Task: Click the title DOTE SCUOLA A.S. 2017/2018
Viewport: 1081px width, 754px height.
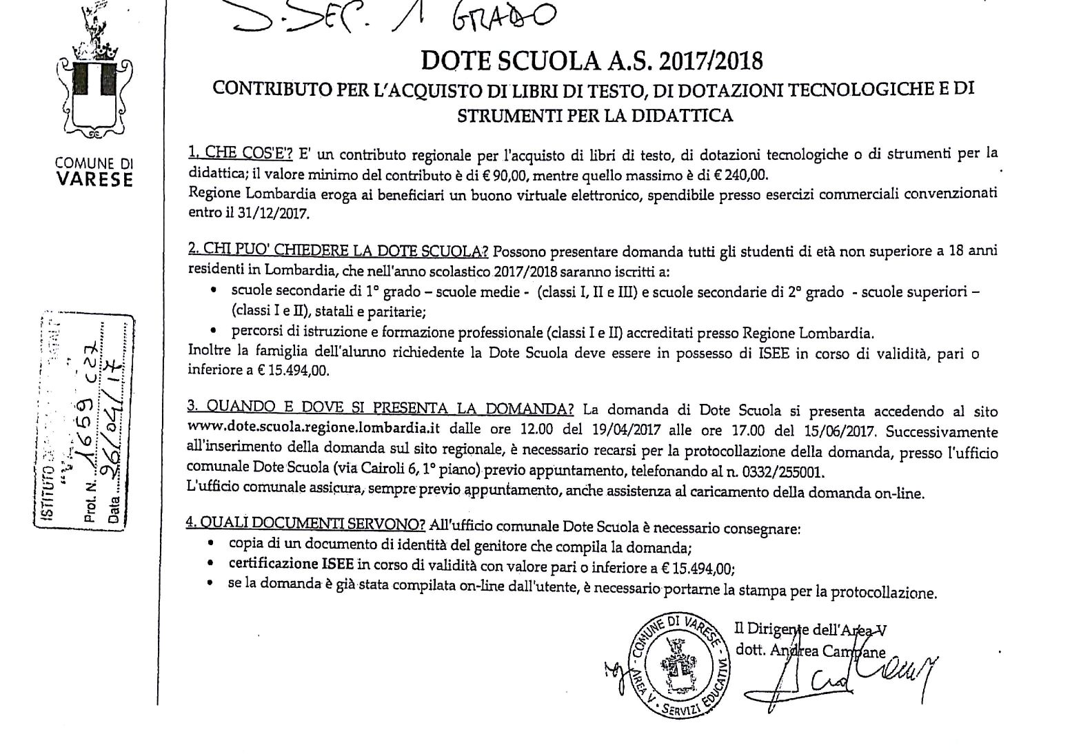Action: click(592, 61)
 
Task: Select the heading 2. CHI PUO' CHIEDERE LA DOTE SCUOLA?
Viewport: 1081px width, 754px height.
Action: click(339, 251)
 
